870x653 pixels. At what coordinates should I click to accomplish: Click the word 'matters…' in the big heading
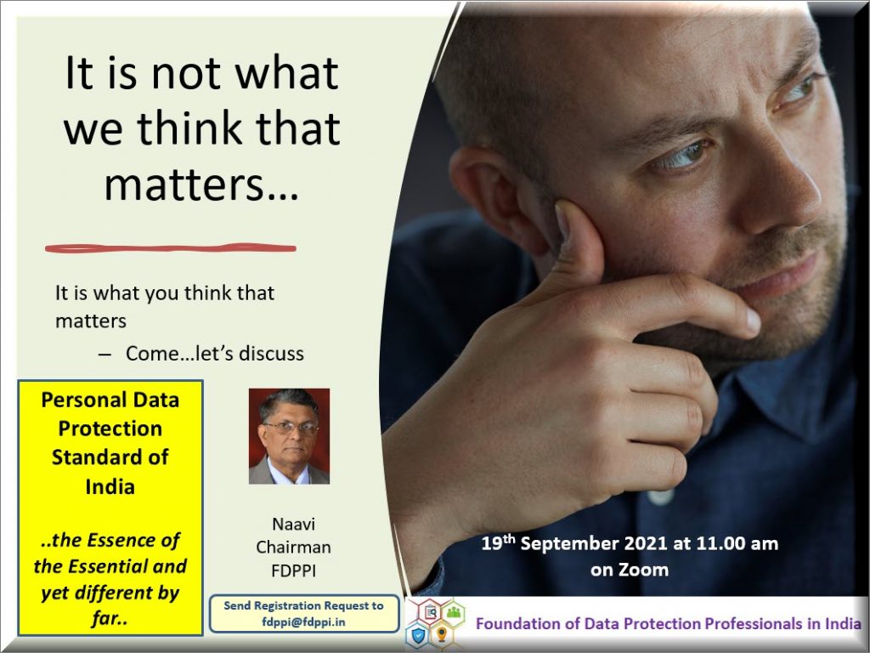coord(201,184)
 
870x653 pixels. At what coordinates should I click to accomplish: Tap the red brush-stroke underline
coord(170,248)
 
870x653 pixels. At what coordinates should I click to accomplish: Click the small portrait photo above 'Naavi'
coord(289,436)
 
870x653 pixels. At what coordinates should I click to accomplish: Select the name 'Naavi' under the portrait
coord(293,524)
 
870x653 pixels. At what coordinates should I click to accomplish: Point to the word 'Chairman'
coord(293,547)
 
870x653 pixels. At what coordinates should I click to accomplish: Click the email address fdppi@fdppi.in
coord(303,622)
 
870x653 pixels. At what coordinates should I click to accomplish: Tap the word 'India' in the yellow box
coord(110,486)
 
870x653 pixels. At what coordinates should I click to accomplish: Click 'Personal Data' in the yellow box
coord(110,400)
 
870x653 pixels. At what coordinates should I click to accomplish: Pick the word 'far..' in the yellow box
coord(110,618)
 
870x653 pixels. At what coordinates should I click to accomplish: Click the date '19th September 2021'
coord(574,542)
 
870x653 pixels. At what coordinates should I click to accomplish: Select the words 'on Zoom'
coord(630,570)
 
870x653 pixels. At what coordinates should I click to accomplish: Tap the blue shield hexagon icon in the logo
coord(418,633)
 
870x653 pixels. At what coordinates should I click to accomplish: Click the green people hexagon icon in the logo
coord(454,612)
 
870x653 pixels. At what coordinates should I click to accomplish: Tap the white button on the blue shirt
coord(661,496)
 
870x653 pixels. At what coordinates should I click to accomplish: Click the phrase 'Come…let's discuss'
coord(215,354)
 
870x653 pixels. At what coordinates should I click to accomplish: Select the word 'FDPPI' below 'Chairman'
coord(293,571)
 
